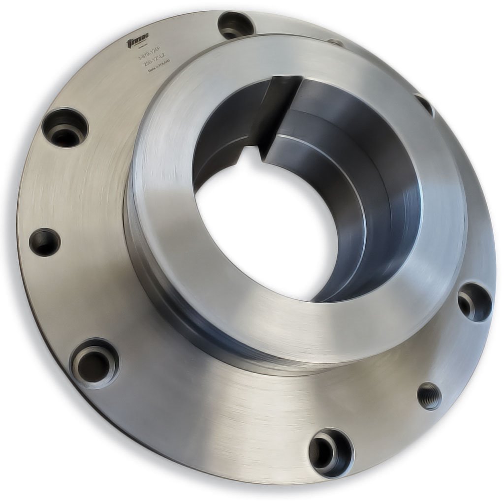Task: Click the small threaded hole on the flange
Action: [x=429, y=396]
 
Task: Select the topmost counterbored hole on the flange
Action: [x=235, y=25]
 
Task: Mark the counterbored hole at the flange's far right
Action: [x=474, y=302]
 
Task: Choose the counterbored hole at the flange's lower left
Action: [x=94, y=363]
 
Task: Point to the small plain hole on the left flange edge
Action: [x=45, y=242]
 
